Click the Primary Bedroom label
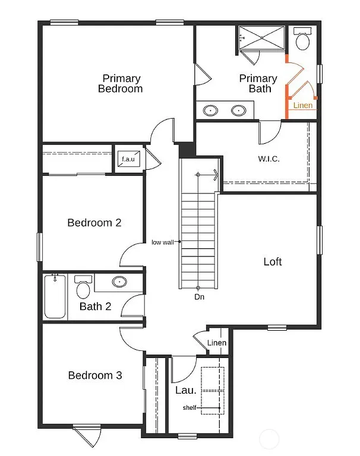121,84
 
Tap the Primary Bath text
258,84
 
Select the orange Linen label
303,106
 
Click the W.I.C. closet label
269,159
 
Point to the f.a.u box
128,159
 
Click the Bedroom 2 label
94,223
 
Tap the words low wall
163,242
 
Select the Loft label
273,262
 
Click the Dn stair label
199,296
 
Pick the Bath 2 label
96,307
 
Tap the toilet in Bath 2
83,287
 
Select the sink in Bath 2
119,282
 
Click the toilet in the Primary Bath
303,40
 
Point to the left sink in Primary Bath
210,110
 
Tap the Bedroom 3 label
95,375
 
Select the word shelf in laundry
190,408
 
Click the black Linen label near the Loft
217,343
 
